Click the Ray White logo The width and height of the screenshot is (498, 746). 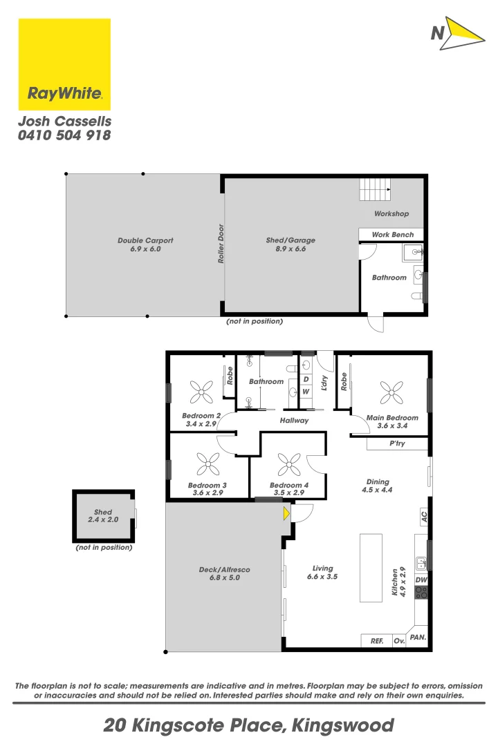[x=64, y=64]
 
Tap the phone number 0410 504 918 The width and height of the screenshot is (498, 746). [x=64, y=135]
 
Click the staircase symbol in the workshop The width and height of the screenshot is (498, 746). [x=375, y=189]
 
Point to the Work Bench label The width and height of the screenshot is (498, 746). [x=393, y=235]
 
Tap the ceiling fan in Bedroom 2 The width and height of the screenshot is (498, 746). [x=201, y=393]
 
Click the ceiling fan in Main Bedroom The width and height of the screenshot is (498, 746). [x=391, y=393]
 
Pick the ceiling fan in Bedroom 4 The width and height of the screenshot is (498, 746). [x=287, y=464]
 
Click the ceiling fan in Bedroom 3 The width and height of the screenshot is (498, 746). [x=207, y=464]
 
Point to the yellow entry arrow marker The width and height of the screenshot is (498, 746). [x=286, y=513]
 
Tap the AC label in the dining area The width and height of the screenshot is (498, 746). [x=423, y=515]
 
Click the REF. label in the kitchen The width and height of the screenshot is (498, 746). [x=377, y=642]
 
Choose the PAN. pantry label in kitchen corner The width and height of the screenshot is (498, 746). [x=418, y=638]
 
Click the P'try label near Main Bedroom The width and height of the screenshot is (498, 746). [x=397, y=443]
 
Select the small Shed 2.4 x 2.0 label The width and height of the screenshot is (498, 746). [x=103, y=516]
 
